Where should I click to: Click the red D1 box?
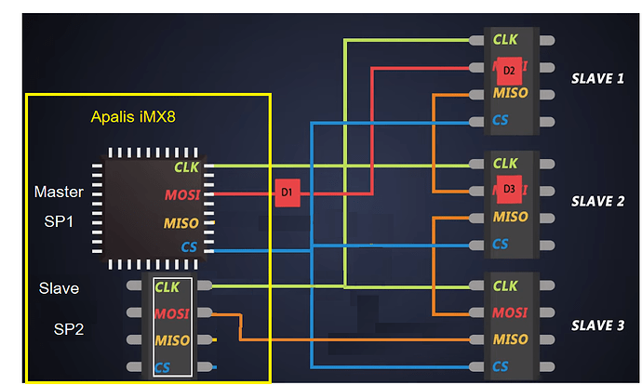pos(287,192)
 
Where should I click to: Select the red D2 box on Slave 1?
pos(509,71)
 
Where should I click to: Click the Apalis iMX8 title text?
pos(132,117)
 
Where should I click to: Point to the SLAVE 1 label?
pos(597,78)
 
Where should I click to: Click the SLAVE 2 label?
pos(597,201)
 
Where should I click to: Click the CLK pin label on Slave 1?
pos(505,39)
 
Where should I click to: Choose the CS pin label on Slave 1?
pos(501,121)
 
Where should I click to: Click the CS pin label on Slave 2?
pos(501,244)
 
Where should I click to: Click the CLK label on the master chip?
pos(186,167)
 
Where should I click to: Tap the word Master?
pos(59,192)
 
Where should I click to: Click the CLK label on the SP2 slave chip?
pos(167,287)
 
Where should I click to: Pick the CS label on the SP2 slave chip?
pos(163,366)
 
